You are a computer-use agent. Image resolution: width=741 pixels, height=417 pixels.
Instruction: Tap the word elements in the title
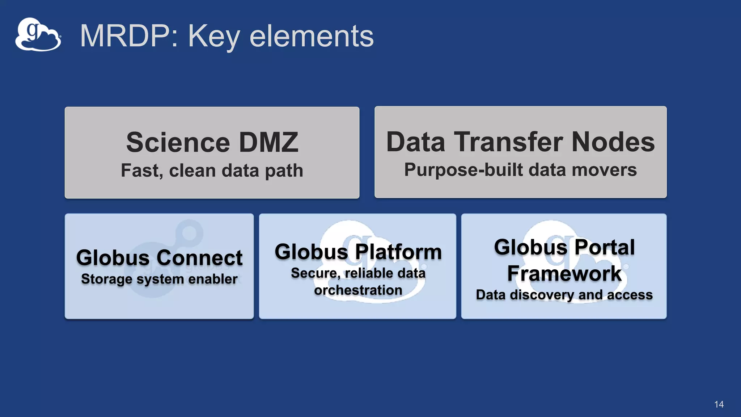click(311, 36)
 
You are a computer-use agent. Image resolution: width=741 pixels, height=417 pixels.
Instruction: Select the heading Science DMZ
click(212, 142)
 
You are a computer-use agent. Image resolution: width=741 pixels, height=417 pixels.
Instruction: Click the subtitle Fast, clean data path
click(212, 170)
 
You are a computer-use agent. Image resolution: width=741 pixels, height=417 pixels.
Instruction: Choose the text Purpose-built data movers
click(520, 170)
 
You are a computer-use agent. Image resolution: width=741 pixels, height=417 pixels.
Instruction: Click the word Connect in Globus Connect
click(199, 258)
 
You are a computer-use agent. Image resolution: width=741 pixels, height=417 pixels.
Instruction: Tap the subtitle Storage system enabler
click(159, 279)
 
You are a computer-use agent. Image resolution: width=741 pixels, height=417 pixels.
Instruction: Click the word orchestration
click(358, 290)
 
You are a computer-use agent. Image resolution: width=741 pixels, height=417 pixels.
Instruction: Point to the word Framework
click(564, 273)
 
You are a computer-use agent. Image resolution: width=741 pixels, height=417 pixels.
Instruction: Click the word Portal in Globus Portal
click(604, 247)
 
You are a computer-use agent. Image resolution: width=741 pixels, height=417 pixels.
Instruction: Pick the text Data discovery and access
click(564, 295)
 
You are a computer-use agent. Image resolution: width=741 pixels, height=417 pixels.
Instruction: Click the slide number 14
click(719, 404)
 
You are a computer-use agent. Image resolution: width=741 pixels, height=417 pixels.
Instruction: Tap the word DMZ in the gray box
click(268, 142)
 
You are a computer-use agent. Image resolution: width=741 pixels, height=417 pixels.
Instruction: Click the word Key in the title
click(214, 36)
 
